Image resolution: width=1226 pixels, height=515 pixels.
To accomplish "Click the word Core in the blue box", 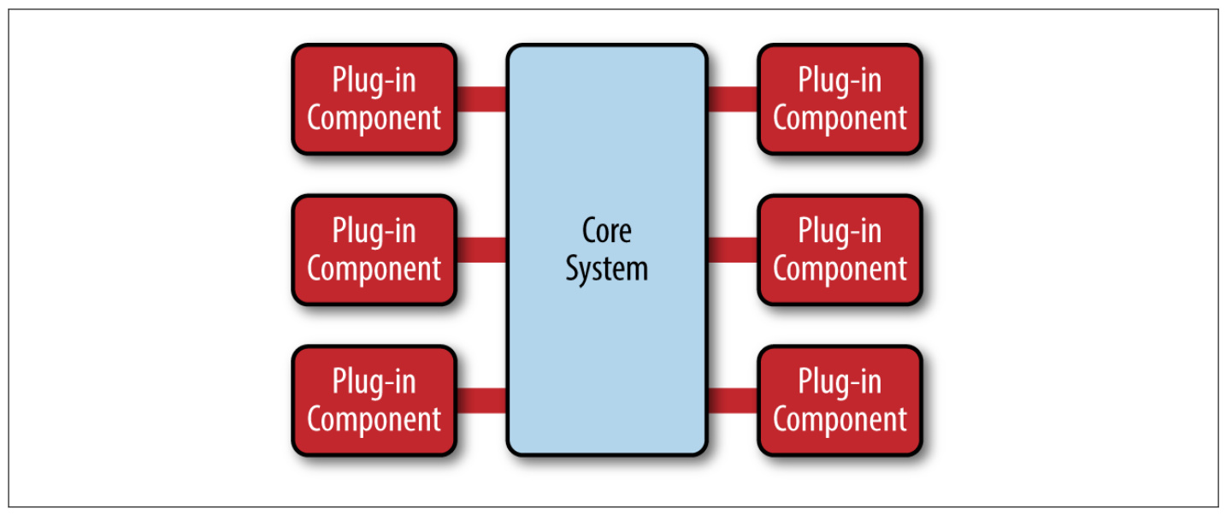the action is click(606, 231).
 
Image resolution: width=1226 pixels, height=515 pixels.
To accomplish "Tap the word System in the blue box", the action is click(606, 269).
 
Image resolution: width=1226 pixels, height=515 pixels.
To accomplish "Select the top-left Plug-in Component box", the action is click(374, 99).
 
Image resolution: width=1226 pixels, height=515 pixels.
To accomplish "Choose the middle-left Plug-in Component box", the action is click(374, 250).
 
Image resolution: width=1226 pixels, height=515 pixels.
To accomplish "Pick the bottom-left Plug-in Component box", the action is click(374, 400).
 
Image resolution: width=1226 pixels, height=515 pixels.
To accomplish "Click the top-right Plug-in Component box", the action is click(840, 99).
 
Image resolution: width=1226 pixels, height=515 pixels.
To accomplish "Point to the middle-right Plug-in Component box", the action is click(840, 250).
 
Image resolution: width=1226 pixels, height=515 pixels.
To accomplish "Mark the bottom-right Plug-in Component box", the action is click(840, 400).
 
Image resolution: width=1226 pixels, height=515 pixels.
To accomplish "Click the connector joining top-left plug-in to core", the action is click(481, 99).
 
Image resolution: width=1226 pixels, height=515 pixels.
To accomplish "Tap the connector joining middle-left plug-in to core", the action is click(481, 250).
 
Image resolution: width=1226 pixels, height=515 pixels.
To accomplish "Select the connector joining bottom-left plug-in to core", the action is click(481, 400).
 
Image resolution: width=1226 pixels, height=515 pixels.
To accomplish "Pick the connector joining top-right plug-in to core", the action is click(733, 99).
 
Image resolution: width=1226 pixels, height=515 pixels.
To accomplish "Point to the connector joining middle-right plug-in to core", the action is click(733, 250).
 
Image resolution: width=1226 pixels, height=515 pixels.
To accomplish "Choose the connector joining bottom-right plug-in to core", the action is click(733, 400).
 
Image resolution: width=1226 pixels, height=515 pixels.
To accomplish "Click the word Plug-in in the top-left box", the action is click(374, 81).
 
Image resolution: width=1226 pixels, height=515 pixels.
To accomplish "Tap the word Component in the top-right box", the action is click(840, 119).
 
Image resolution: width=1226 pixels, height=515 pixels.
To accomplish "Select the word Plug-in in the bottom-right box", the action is click(840, 383).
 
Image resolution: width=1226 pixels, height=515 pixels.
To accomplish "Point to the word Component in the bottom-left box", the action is click(374, 420).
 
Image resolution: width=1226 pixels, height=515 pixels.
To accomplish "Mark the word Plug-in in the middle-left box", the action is click(374, 233).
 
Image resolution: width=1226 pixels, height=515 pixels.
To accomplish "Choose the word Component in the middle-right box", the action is click(840, 269).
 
